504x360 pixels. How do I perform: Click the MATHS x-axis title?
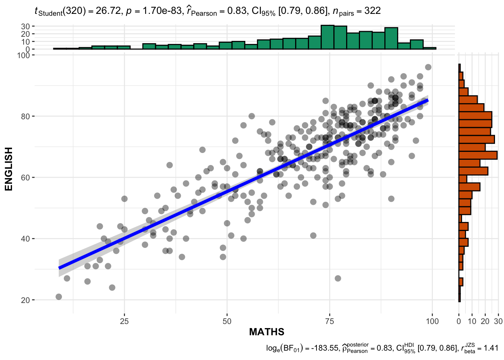(x=267, y=332)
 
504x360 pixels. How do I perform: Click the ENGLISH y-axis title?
(x=9, y=169)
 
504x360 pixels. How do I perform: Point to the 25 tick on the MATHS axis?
(x=124, y=321)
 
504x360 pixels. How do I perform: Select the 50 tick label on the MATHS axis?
(x=227, y=321)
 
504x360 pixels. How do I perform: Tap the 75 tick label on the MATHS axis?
(x=330, y=321)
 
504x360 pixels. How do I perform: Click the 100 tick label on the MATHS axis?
(x=432, y=321)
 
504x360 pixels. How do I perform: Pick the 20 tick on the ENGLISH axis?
(x=25, y=300)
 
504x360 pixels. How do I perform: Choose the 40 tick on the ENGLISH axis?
(x=25, y=239)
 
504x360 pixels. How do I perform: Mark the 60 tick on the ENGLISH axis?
(x=25, y=177)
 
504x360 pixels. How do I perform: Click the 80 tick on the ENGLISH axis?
(x=25, y=116)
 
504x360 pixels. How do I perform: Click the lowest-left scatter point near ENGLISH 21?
(x=58, y=297)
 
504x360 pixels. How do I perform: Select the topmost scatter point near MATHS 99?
(x=428, y=67)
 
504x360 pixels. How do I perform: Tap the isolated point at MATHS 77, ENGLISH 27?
(x=338, y=278)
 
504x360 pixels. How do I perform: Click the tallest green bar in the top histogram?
(x=327, y=37)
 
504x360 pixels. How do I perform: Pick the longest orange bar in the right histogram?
(x=478, y=155)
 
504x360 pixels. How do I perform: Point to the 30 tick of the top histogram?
(x=25, y=26)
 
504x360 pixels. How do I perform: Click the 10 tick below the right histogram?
(x=472, y=321)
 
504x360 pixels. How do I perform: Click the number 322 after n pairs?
(x=372, y=11)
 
